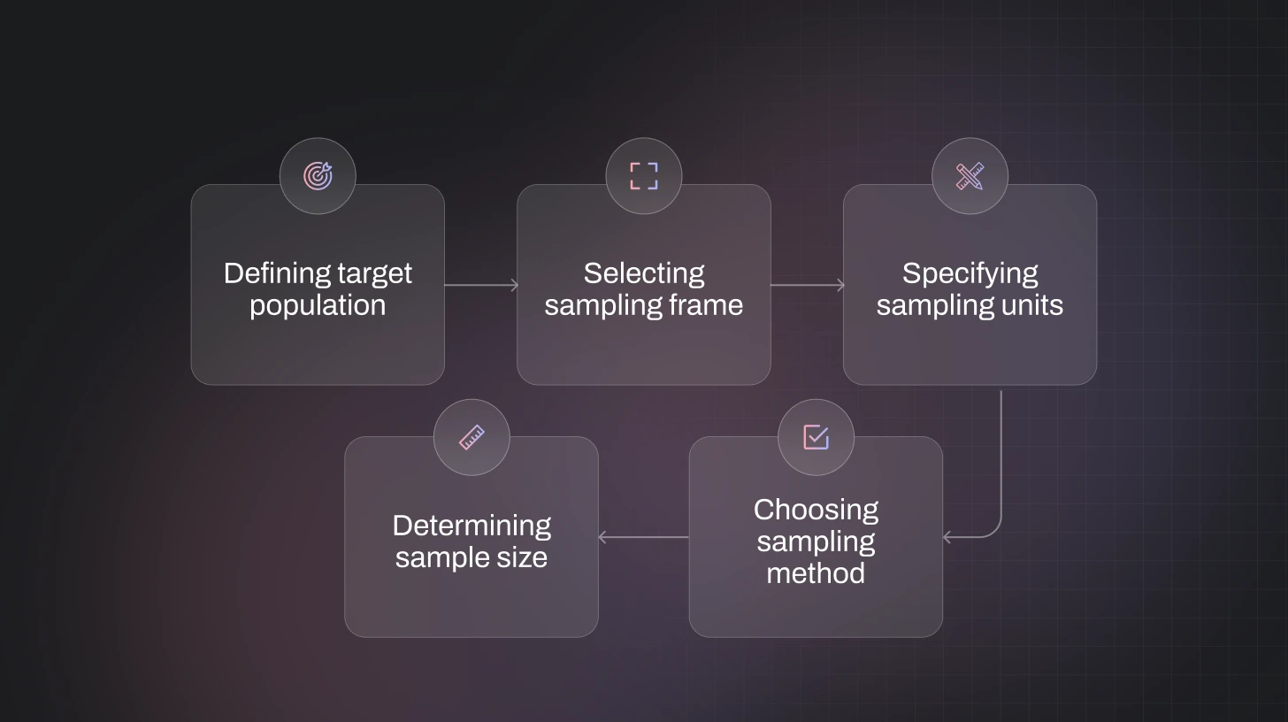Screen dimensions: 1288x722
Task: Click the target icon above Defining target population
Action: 318,176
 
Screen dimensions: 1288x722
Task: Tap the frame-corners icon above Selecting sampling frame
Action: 644,176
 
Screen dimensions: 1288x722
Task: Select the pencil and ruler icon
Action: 970,176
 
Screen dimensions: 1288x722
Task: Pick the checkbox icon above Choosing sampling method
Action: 816,436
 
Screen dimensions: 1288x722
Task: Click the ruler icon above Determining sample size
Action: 471,437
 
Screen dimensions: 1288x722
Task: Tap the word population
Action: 318,305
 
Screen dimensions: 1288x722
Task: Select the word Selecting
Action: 644,273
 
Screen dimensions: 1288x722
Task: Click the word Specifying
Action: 970,273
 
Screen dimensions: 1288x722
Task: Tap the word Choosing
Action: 816,510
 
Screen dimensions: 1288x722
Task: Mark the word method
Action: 816,573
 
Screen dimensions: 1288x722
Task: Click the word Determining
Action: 471,526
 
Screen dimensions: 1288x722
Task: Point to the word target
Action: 377,273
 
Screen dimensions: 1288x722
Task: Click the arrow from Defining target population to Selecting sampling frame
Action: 480,285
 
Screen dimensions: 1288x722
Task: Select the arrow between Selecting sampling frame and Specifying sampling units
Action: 807,285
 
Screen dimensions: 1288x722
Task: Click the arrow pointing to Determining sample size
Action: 643,537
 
